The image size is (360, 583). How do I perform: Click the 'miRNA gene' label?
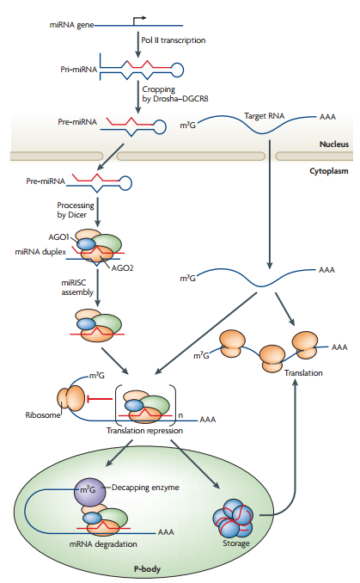click(71, 25)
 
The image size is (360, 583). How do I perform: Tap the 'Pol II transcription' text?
click(174, 40)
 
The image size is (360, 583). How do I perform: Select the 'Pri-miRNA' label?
click(78, 70)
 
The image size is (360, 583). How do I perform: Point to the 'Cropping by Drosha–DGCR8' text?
click(175, 94)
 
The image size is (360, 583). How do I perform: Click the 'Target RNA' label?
click(264, 116)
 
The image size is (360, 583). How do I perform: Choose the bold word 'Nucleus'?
click(334, 144)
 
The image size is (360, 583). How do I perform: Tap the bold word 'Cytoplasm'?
click(329, 171)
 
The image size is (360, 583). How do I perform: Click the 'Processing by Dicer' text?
click(76, 210)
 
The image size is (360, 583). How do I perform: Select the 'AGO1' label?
click(58, 237)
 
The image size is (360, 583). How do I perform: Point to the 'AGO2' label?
click(122, 268)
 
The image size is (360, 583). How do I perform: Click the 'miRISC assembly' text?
click(77, 287)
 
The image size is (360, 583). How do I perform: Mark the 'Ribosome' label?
click(43, 415)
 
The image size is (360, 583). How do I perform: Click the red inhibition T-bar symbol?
click(99, 399)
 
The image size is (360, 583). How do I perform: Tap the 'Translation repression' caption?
click(144, 431)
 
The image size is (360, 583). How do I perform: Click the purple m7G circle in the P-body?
click(88, 490)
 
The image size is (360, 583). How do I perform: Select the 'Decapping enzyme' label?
click(145, 488)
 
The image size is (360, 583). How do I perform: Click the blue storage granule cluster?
click(233, 517)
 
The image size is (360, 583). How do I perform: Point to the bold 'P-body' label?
click(147, 569)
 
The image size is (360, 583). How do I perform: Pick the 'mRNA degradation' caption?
click(103, 544)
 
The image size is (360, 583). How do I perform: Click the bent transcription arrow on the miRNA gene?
click(138, 19)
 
